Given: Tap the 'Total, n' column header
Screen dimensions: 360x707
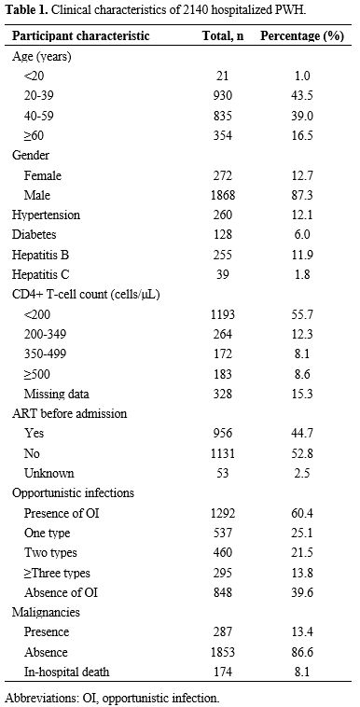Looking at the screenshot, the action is [x=223, y=36].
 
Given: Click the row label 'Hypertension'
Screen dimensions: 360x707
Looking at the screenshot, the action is [x=47, y=215].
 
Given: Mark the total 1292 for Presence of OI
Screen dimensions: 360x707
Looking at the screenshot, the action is [x=223, y=512].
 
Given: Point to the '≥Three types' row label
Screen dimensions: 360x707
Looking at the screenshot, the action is [x=62, y=572].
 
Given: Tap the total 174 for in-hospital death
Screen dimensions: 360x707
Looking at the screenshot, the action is [x=223, y=671].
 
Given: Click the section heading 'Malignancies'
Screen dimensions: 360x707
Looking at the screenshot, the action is [x=45, y=611].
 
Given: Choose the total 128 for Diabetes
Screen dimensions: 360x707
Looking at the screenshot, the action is [x=223, y=235].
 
